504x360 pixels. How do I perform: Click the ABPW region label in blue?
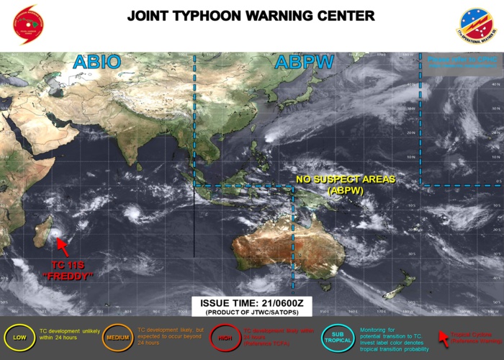305,63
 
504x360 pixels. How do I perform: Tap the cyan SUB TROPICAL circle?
333,337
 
